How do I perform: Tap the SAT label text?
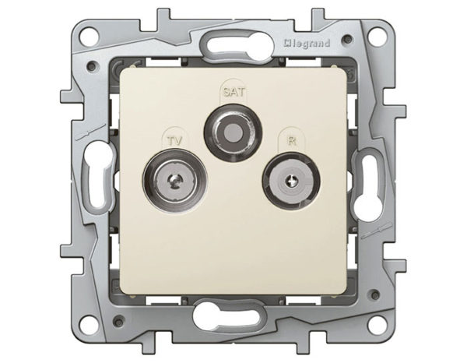point(234,91)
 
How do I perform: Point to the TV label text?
point(174,140)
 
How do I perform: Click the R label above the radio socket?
point(292,140)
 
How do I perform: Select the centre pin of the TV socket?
point(174,180)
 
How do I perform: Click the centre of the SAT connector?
point(233,131)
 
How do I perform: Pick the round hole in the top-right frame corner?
point(377,35)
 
